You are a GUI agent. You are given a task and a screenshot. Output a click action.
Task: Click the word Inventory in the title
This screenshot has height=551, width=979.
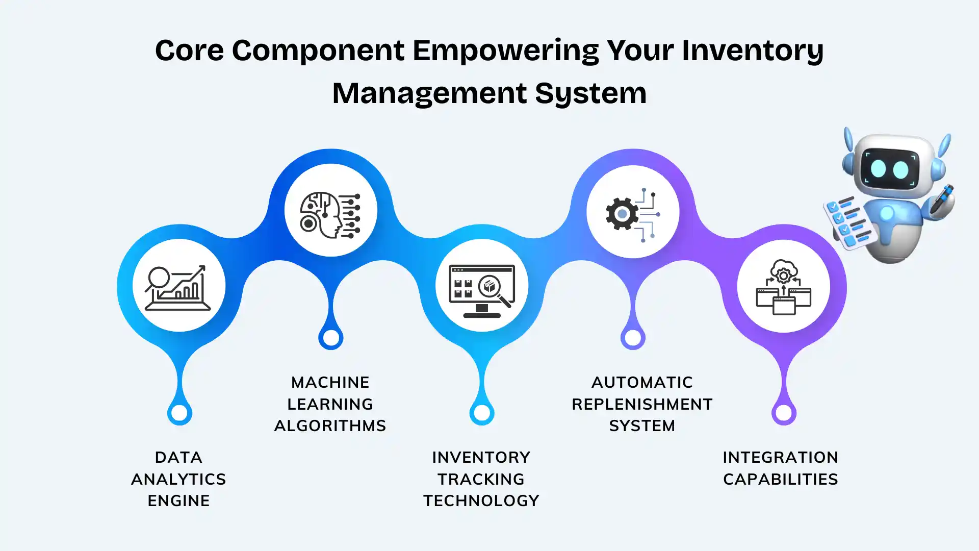[x=753, y=51]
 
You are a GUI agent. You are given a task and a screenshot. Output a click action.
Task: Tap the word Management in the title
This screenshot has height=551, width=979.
[x=429, y=94]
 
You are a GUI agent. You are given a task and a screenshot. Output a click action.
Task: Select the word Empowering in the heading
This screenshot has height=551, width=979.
[x=505, y=51]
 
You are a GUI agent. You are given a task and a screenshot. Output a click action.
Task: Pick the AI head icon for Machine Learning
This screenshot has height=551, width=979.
[x=330, y=215]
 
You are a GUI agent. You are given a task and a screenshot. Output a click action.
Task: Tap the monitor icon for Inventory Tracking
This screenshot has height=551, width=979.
[x=482, y=290]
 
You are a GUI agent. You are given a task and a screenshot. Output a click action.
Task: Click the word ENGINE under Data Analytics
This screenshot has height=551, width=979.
[x=178, y=501]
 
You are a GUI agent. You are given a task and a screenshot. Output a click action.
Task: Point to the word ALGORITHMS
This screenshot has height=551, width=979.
[x=330, y=426]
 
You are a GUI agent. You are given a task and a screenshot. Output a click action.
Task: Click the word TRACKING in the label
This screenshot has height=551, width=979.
[x=481, y=480]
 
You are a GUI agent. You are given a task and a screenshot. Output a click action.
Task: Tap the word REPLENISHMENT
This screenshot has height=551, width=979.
[x=642, y=405]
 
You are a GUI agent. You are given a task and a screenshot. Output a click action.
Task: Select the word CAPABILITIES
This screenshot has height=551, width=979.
[x=780, y=480]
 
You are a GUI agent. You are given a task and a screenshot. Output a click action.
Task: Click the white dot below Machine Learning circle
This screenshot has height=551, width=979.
[x=331, y=338]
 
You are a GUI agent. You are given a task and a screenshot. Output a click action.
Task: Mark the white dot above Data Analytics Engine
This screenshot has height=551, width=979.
[x=179, y=413]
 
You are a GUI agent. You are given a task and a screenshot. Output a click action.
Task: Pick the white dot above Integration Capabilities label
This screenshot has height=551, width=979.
[x=784, y=413]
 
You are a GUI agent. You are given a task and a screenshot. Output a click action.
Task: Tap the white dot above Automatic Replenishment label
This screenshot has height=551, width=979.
[x=633, y=338]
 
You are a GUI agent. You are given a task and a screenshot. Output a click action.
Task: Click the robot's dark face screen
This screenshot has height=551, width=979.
[x=889, y=169]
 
